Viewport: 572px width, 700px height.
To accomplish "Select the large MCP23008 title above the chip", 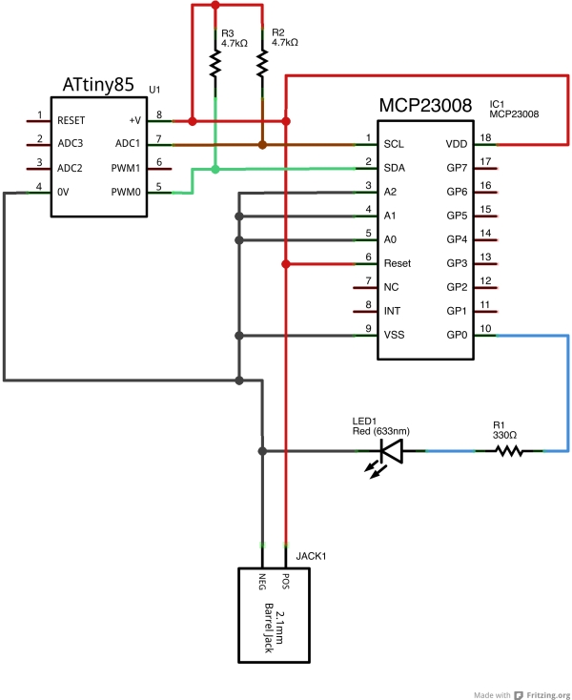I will pyautogui.click(x=425, y=106).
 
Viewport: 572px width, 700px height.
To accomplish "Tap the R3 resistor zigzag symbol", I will pyautogui.click(x=215, y=64).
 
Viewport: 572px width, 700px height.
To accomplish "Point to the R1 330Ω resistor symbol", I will pyautogui.click(x=507, y=450).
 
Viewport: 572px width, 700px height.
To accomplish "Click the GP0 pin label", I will pyautogui.click(x=456, y=335).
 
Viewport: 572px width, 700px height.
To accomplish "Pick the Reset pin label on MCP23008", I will pyautogui.click(x=398, y=263).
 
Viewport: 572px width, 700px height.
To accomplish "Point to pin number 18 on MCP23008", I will pyautogui.click(x=485, y=138).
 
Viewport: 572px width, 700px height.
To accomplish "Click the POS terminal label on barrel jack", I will pyautogui.click(x=285, y=581).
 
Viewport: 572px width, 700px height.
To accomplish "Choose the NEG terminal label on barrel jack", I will pyautogui.click(x=261, y=581).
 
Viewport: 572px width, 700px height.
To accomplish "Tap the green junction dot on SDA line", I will pyautogui.click(x=215, y=170).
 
